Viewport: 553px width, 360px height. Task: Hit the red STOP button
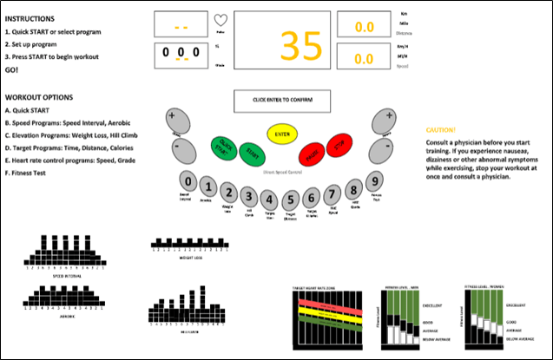[x=341, y=147]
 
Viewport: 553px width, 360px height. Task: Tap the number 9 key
[x=373, y=182]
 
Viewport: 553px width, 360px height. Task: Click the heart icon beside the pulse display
[x=221, y=21]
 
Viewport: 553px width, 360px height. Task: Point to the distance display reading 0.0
[x=365, y=27]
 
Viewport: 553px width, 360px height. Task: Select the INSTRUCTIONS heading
[x=30, y=17]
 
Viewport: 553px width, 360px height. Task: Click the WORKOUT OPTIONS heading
[x=39, y=97]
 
